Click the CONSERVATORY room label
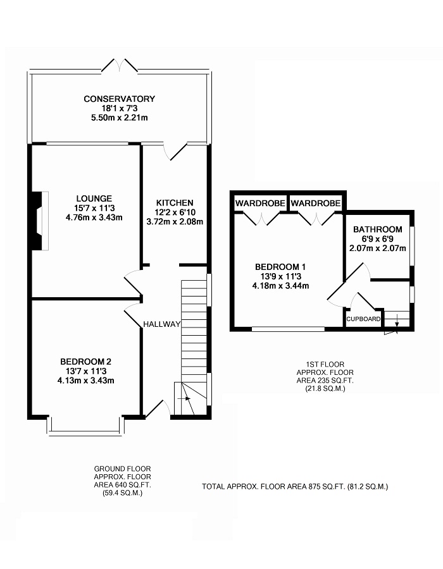click(119, 99)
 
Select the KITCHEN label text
click(174, 202)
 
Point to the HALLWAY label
click(162, 324)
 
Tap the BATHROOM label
click(377, 229)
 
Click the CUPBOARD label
click(363, 319)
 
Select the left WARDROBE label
click(259, 204)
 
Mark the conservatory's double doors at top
click(120, 64)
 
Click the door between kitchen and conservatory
click(174, 152)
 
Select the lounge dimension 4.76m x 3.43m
click(94, 217)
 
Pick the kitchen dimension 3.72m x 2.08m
click(174, 222)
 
